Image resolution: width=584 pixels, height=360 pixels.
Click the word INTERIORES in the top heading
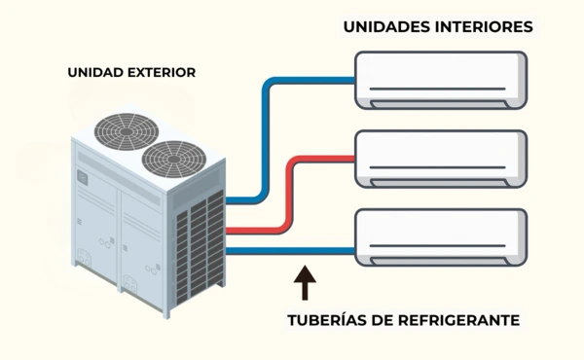(483, 27)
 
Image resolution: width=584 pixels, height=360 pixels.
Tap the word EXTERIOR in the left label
(161, 72)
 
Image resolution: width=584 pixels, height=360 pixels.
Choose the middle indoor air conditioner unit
(441, 156)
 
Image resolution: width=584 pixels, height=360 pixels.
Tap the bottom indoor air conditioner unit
(441, 234)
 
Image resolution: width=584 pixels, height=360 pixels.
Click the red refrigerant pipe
(288, 195)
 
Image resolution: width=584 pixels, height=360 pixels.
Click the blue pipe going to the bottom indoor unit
(292, 251)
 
